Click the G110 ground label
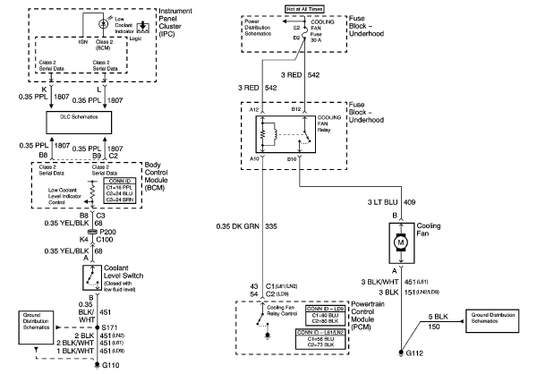(110, 366)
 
